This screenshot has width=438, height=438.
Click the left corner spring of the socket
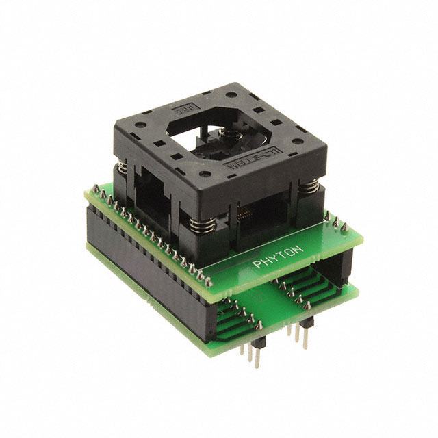[x=120, y=176]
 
